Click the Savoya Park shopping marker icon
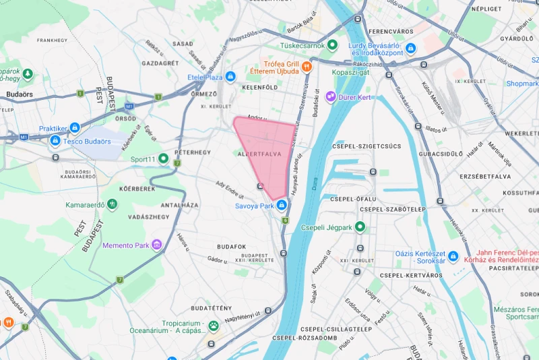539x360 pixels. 281,204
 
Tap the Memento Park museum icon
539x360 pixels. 157,245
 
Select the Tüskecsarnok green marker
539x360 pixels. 331,46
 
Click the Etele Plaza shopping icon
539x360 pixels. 231,77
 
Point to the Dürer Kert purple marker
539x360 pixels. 330,97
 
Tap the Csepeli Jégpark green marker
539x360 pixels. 360,227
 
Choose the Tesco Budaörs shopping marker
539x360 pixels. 55,141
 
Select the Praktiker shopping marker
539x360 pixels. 75,127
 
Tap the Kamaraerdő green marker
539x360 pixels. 112,204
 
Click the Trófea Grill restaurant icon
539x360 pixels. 307,66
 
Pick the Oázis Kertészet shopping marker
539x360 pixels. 453,256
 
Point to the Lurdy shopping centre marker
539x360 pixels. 410,48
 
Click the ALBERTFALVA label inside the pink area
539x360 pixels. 259,154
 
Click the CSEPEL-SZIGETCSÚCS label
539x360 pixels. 367,146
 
